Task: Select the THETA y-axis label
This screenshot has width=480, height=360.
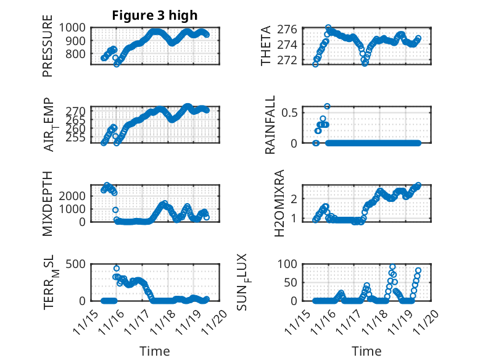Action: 266,46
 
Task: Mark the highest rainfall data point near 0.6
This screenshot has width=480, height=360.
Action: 327,106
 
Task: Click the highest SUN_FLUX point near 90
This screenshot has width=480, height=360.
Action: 392,267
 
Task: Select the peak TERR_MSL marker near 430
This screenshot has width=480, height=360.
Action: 117,269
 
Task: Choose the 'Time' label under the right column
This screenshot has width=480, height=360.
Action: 366,351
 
